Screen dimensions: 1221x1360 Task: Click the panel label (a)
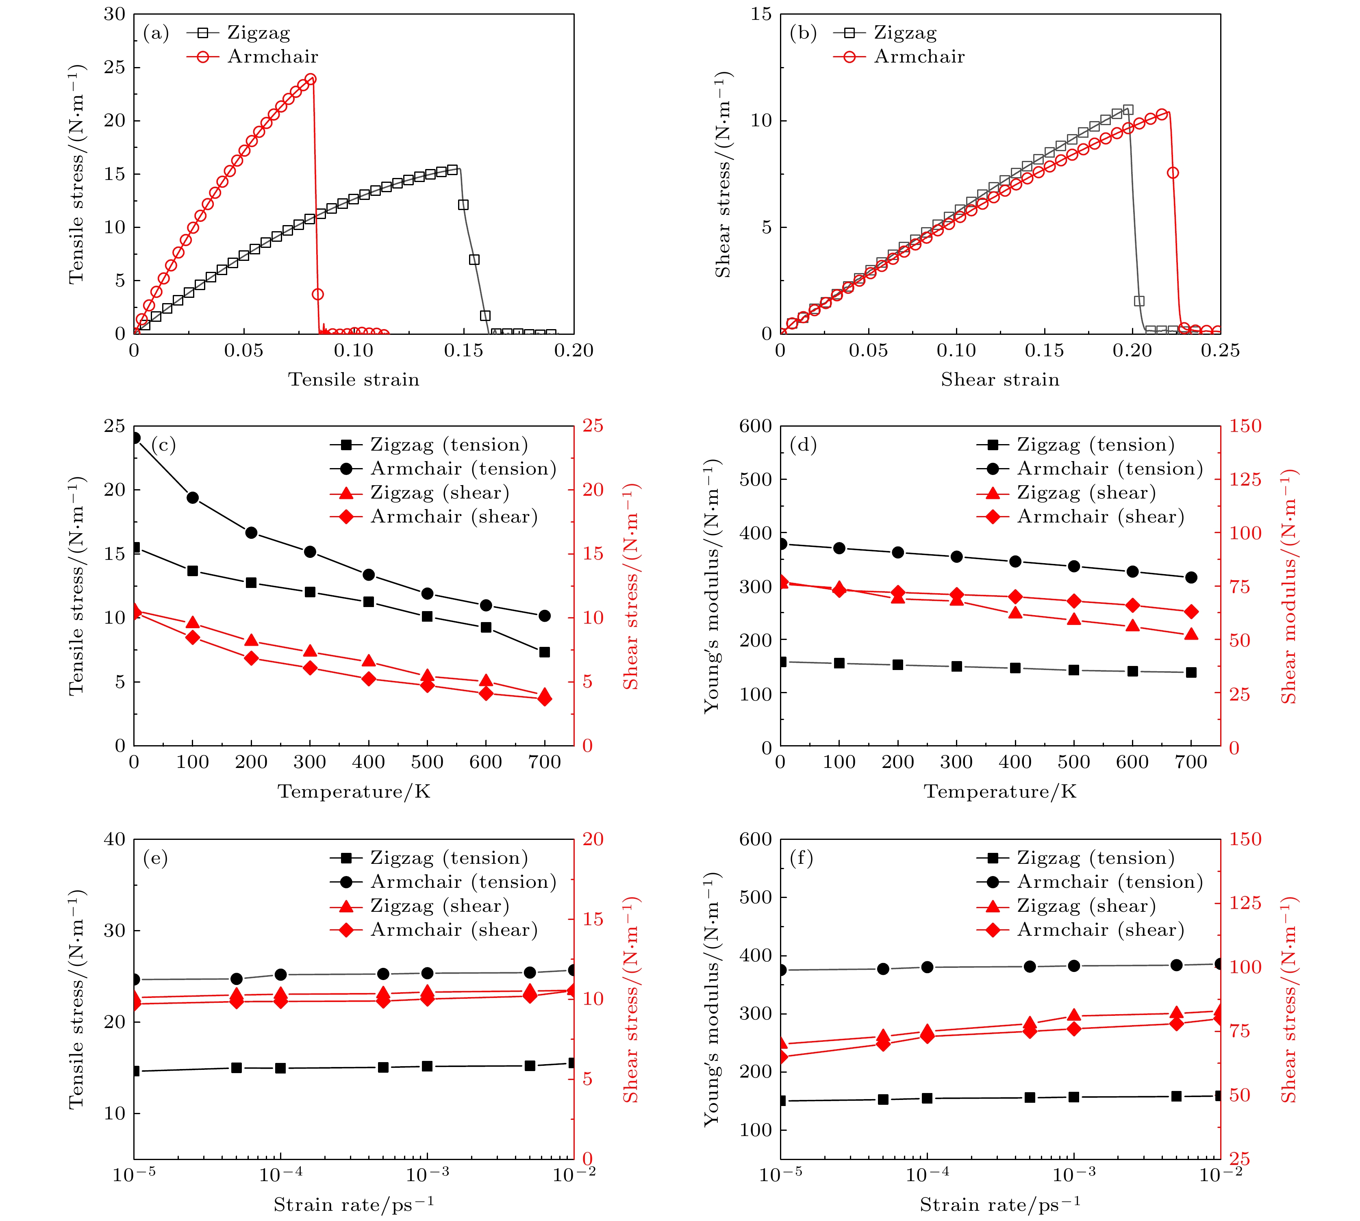point(156,33)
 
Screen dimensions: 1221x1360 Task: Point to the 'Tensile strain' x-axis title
point(354,380)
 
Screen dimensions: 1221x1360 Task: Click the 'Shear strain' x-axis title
point(1000,380)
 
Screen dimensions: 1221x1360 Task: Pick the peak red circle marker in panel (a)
point(310,79)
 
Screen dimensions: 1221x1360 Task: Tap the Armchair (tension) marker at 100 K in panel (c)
point(193,498)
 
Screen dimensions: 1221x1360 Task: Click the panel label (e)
point(156,858)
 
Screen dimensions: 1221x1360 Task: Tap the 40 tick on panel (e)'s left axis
point(115,839)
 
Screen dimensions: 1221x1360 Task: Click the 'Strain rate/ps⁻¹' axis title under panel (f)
point(1000,1205)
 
